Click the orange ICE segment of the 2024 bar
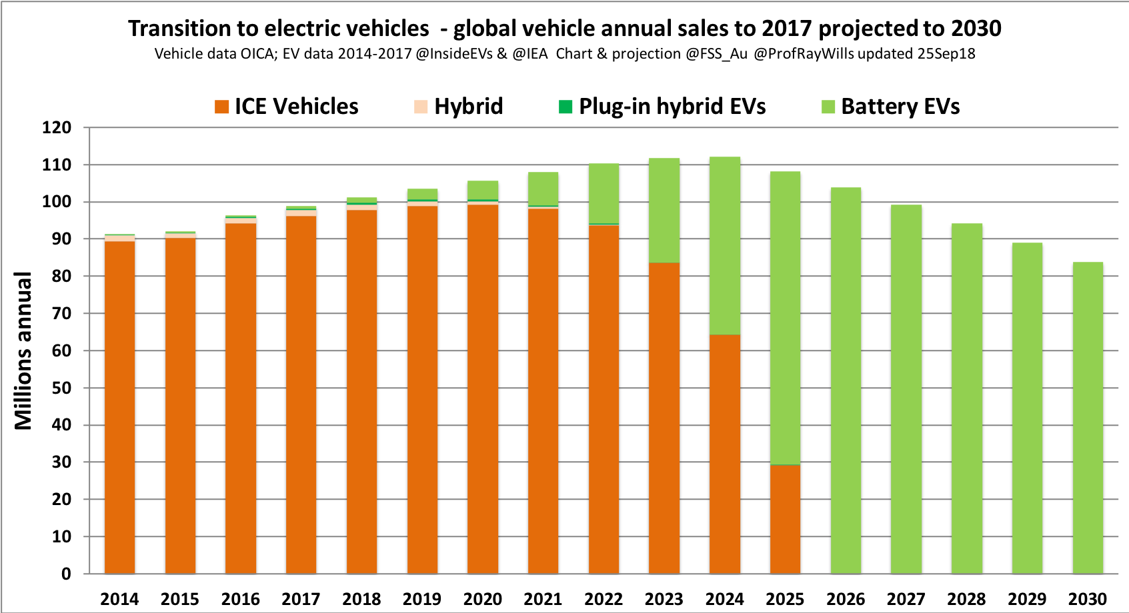pyautogui.click(x=725, y=453)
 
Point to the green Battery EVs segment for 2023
pyautogui.click(x=664, y=210)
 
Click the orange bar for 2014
pyautogui.click(x=120, y=406)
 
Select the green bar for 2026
pyautogui.click(x=846, y=380)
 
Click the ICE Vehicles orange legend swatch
pyautogui.click(x=221, y=107)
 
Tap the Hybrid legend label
pyautogui.click(x=468, y=107)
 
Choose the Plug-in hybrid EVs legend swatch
pyautogui.click(x=566, y=107)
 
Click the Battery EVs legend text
pyautogui.click(x=900, y=107)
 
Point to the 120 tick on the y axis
pyautogui.click(x=57, y=128)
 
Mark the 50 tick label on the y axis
pyautogui.click(x=57, y=388)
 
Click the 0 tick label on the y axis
pyautogui.click(x=65, y=574)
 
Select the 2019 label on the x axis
pyautogui.click(x=422, y=599)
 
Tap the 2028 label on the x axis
pyautogui.click(x=966, y=599)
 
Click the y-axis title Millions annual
pyautogui.click(x=23, y=350)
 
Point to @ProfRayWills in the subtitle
pyautogui.click(x=804, y=54)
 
